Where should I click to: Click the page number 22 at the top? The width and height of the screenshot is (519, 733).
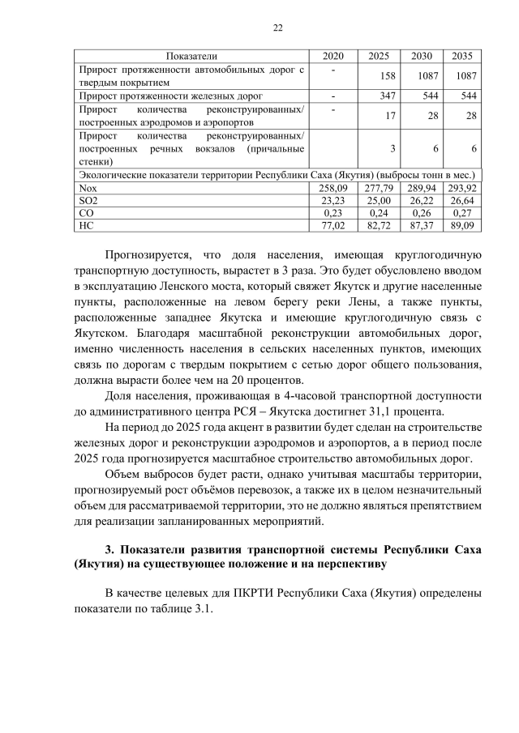coord(277,28)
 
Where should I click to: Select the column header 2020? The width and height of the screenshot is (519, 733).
coord(332,56)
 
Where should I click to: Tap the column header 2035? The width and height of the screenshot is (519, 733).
coord(462,56)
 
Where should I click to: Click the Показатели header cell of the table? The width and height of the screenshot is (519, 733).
coord(192,56)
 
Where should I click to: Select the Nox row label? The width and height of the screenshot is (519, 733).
coord(86,187)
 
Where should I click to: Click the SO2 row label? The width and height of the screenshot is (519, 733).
coord(87,200)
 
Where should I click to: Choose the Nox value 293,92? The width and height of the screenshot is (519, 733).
coord(461,187)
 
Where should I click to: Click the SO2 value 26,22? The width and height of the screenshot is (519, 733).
coord(419,200)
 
